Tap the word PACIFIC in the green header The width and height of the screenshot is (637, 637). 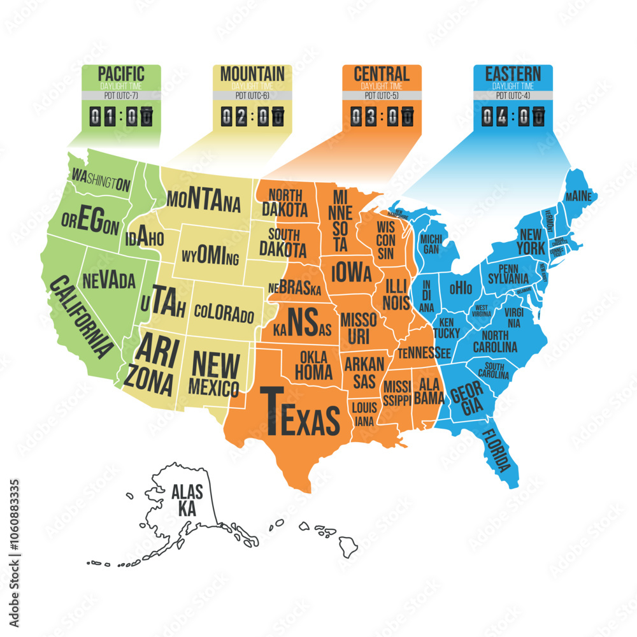[x=122, y=74]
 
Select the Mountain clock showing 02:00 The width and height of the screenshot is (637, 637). [x=252, y=116]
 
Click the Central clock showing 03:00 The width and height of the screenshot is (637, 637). [x=382, y=116]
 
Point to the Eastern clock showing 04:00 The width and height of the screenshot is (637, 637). [x=513, y=116]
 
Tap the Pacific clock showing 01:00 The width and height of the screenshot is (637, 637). [x=122, y=116]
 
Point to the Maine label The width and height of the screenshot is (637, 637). [x=578, y=194]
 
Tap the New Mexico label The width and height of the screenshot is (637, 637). [x=215, y=373]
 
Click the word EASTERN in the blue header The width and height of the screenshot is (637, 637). [x=513, y=74]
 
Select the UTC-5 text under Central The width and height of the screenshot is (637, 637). [x=382, y=96]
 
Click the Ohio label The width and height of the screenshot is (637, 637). [x=461, y=287]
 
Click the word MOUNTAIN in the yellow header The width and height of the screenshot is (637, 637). [x=252, y=74]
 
